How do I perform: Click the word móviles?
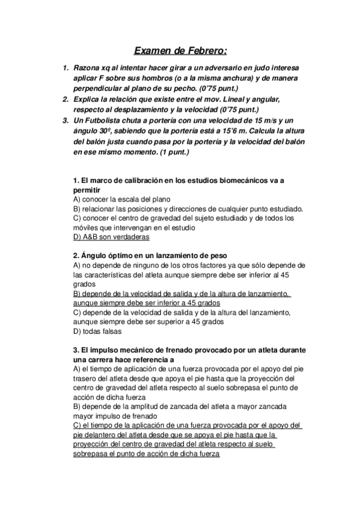point(87,228)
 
